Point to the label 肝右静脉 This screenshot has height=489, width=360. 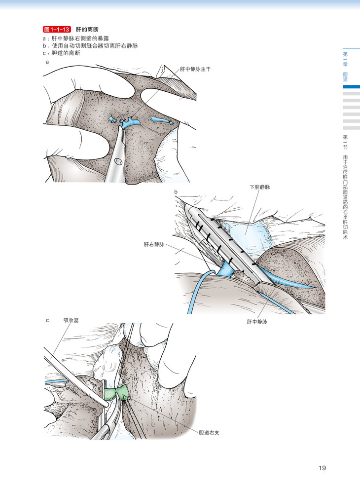(154, 244)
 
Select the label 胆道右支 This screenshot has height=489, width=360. (208, 432)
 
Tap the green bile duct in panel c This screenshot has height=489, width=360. (116, 393)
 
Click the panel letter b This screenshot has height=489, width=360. (175, 191)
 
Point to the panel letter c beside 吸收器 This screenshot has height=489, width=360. (47, 320)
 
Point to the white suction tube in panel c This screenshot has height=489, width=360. (74, 375)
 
